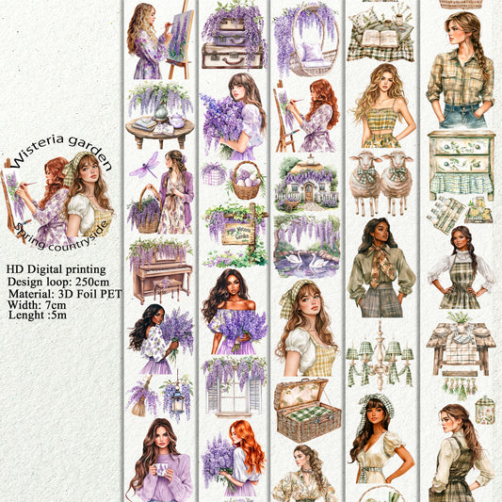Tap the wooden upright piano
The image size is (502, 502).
[159, 278]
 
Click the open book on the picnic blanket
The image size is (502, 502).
[381, 37]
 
